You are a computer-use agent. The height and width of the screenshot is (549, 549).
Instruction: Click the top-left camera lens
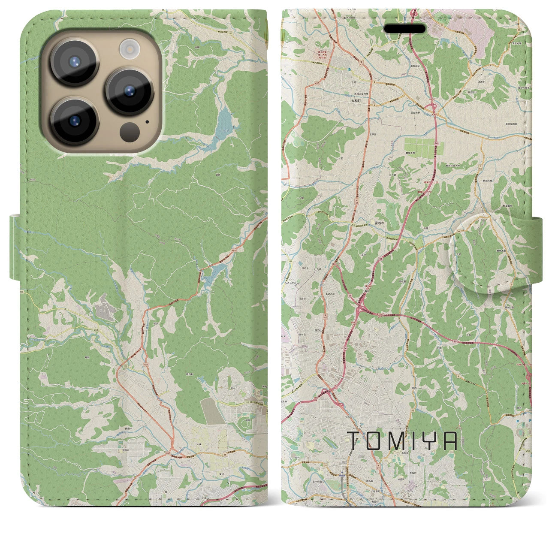click(x=74, y=61)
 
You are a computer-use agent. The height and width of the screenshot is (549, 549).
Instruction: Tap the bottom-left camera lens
click(x=74, y=121)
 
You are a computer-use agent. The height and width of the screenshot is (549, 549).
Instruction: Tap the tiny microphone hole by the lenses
click(x=147, y=121)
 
